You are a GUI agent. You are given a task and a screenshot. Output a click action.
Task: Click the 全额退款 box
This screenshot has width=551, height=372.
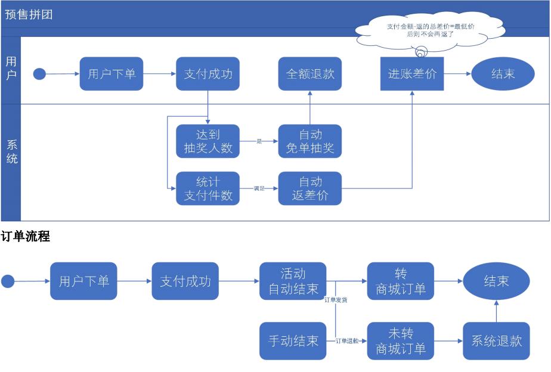point(309,74)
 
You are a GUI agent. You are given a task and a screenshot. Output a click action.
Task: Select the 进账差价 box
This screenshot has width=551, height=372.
point(412,74)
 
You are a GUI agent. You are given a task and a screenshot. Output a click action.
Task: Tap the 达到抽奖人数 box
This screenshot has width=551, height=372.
point(208,141)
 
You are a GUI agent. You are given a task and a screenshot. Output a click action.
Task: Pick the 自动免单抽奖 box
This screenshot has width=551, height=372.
point(309,141)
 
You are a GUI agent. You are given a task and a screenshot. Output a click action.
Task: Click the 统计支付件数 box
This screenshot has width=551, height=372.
point(208,188)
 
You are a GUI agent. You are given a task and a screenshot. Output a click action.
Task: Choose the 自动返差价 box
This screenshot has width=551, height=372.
point(309,188)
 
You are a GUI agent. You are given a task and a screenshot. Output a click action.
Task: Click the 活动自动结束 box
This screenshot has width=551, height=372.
point(293,281)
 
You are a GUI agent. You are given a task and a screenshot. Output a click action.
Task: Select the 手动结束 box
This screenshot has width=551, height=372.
point(293,341)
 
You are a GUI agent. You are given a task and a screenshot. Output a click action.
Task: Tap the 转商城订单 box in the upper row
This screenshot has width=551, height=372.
point(401,281)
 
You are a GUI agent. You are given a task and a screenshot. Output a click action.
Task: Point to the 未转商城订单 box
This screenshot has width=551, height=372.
point(401,341)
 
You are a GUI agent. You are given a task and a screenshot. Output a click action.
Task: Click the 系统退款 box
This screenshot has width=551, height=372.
point(496,341)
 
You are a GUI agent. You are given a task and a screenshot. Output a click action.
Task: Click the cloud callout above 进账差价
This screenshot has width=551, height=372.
point(422,30)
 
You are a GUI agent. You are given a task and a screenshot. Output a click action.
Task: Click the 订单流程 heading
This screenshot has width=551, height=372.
point(25,237)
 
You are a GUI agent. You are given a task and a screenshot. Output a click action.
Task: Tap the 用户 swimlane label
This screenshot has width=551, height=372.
point(11,69)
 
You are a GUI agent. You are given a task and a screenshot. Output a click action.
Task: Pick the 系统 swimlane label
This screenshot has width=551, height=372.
point(11,151)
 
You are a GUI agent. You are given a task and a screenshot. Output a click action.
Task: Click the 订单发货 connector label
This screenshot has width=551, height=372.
point(335,300)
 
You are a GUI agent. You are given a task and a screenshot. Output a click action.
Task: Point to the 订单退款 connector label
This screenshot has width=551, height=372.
point(347,341)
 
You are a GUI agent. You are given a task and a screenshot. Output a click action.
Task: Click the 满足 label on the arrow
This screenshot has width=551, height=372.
point(259,188)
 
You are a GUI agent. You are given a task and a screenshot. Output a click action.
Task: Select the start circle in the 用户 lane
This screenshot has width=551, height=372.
point(39,75)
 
